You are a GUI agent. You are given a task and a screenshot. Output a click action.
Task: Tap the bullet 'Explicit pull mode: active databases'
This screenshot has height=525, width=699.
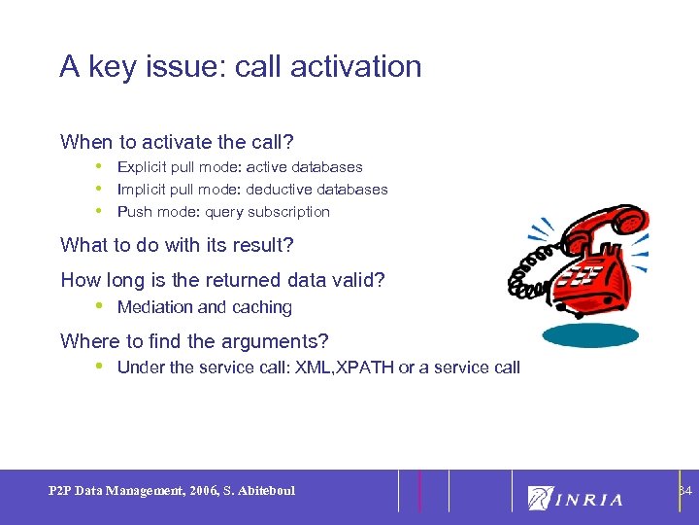pyautogui.click(x=240, y=167)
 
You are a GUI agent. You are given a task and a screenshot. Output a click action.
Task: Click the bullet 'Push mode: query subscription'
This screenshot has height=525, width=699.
pyautogui.click(x=223, y=212)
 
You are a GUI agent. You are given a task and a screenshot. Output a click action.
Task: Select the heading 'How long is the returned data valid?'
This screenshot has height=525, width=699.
pyautogui.click(x=222, y=280)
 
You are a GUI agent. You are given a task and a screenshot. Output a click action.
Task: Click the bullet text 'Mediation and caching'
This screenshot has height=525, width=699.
pyautogui.click(x=204, y=307)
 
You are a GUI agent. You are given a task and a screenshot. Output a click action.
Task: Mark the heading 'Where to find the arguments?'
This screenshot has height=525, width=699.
pyautogui.click(x=194, y=341)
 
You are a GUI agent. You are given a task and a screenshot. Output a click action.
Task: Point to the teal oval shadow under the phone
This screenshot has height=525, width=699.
pyautogui.click(x=589, y=335)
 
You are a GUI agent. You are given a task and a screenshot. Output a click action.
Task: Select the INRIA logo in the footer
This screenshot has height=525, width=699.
pyautogui.click(x=575, y=499)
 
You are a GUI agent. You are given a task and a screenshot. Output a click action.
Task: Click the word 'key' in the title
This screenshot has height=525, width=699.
pyautogui.click(x=114, y=66)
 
